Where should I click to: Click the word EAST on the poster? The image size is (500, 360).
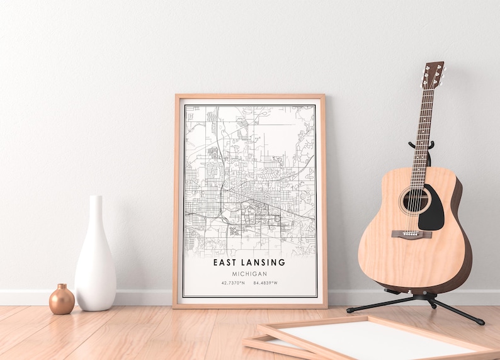point(225,262)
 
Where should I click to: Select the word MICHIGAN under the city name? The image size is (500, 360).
point(249,274)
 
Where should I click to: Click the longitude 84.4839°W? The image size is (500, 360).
point(265,283)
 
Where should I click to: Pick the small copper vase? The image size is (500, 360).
point(62,300)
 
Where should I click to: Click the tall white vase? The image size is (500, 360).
point(95,258)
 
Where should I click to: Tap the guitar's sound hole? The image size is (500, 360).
point(415,201)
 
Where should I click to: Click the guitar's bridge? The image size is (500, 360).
point(412,234)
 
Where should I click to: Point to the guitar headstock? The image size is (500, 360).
point(433,75)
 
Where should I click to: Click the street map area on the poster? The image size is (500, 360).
point(249,176)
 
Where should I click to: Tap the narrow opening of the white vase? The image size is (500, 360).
point(95,198)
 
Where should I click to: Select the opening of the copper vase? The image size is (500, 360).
point(62,286)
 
